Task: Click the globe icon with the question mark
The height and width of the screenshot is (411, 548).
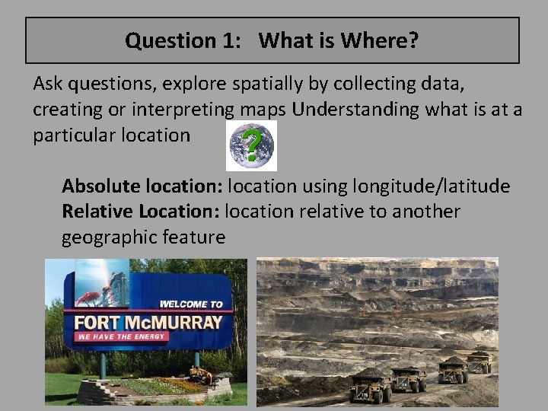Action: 252,145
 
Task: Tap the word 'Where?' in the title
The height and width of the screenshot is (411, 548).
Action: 380,40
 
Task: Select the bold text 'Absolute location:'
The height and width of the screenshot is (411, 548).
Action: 142,186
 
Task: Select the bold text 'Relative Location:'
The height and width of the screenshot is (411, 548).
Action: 141,211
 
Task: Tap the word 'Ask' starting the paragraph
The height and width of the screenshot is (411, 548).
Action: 48,84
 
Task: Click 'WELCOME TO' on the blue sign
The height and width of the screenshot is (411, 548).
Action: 191,304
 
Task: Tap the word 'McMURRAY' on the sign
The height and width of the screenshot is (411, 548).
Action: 180,322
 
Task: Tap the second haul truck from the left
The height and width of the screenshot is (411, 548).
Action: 409,378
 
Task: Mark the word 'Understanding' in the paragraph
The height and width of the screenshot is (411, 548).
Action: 355,110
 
